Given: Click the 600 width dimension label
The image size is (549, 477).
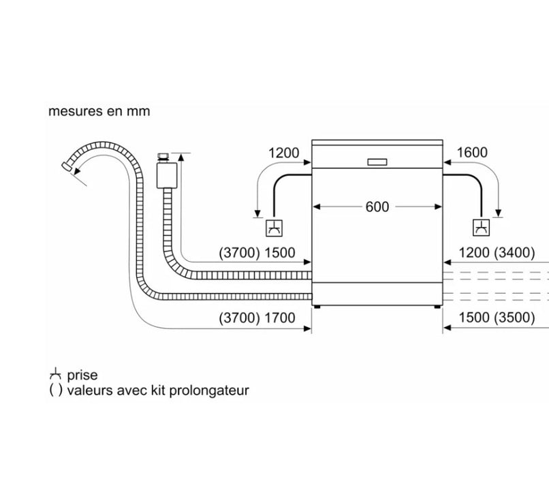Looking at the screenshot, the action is pos(377,206).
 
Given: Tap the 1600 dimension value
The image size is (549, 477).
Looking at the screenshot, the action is pos(472,153).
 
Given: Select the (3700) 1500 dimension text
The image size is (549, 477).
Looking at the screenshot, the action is pos(257,253).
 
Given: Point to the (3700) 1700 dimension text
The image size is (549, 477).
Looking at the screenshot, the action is pos(257,318).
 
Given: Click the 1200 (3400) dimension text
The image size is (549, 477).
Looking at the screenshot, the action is pos(497,253).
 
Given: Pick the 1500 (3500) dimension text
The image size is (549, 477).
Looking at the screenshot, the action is pos(497,318).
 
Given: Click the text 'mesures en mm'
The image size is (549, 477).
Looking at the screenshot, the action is pos(99,111).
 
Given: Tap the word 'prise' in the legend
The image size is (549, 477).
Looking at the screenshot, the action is pos(82,375).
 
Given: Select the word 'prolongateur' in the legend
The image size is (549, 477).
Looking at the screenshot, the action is pos(209,390).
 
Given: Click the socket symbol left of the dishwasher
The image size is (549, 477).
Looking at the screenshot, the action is pos(274,228).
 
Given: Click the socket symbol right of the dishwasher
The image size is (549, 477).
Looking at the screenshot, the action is pos(482,228).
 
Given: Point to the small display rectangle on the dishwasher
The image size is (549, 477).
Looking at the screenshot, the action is pos(377,161).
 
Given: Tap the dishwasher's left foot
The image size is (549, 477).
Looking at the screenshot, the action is pos(317,307).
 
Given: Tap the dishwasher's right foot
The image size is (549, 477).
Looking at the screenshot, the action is pos(437,307).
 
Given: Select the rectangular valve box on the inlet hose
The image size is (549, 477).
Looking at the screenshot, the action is pos(167,175).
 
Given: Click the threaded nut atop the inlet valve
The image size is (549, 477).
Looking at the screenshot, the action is pos(163,156).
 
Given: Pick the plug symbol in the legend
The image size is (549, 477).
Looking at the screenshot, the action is pos(55,374).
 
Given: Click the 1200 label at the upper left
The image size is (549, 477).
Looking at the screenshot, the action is pos(283,153).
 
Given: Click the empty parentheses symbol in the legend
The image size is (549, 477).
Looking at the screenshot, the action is pos(56,390).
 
